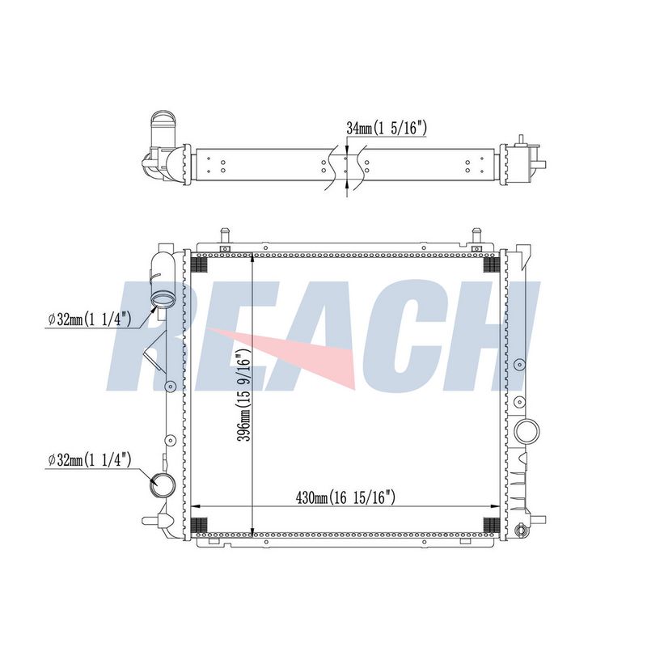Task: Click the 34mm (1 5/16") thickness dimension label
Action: click(387, 129)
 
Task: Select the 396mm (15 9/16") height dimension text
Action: click(245, 395)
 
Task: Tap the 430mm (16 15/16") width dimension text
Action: click(345, 497)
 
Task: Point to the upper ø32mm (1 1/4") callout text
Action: click(90, 319)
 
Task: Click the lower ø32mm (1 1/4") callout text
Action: click(90, 459)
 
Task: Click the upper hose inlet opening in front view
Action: click(160, 298)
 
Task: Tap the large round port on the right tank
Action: click(526, 431)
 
